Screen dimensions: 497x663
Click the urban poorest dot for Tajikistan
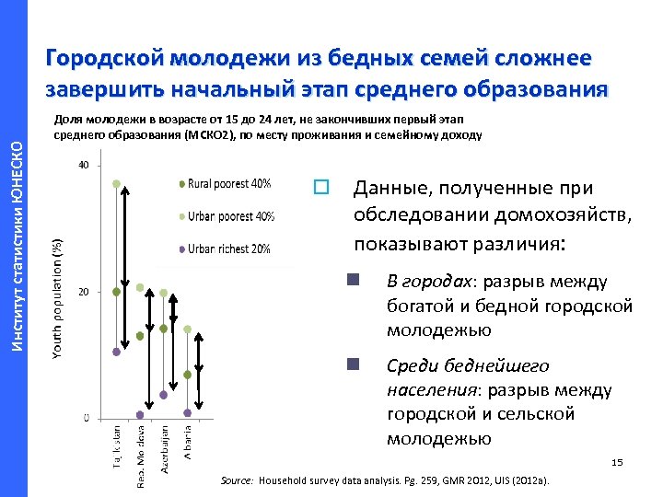(x=116, y=184)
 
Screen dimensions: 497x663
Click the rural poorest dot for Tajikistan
(x=116, y=292)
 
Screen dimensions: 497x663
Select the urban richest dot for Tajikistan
(x=116, y=352)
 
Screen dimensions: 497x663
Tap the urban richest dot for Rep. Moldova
(x=140, y=414)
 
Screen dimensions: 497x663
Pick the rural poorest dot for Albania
(x=187, y=375)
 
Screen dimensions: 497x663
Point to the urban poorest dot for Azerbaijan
(x=163, y=294)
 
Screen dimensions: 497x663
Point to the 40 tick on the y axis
(x=84, y=166)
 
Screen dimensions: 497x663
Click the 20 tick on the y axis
(x=84, y=292)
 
